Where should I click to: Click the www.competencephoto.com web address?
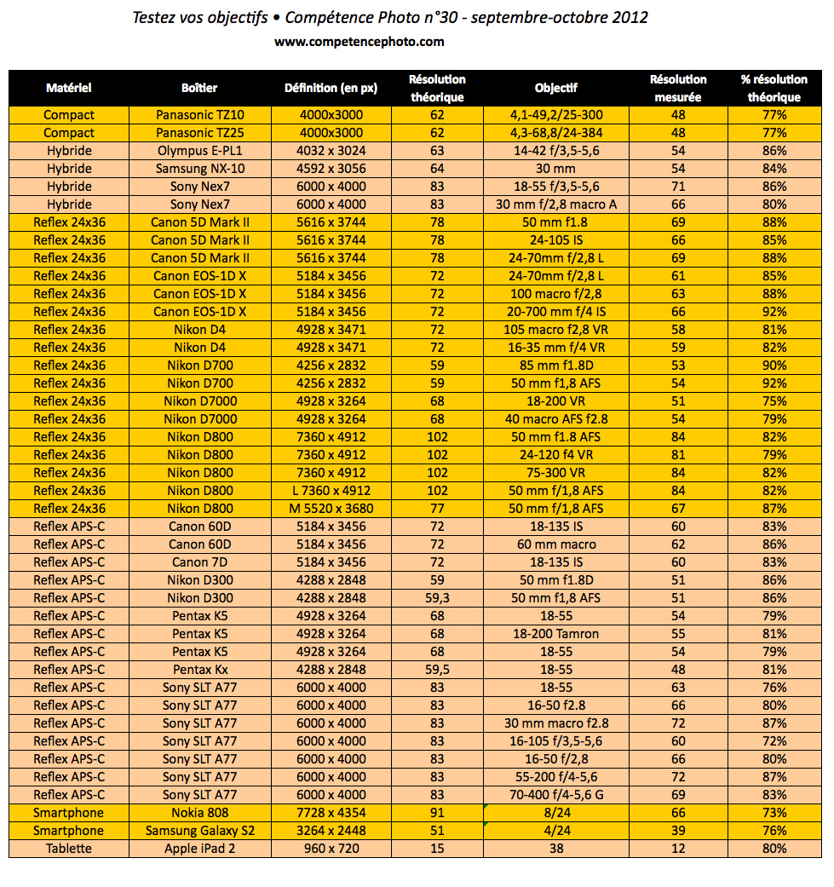[x=359, y=41]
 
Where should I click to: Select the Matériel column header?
[x=69, y=88]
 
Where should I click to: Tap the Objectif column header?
[x=555, y=88]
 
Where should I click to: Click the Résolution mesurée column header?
[x=678, y=88]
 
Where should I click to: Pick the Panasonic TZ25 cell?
[x=200, y=133]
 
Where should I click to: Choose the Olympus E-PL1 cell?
[x=200, y=151]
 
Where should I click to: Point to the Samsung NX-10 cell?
[x=200, y=169]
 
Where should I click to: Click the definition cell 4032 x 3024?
[x=331, y=151]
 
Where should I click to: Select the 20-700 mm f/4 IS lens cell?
[x=555, y=312]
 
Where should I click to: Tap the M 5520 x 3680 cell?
[x=331, y=509]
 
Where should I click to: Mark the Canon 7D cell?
[x=200, y=562]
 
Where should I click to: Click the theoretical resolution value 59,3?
[x=437, y=598]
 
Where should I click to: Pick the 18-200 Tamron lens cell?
[x=555, y=634]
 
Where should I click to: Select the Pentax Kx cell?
[x=200, y=670]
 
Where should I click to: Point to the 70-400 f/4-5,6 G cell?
[x=555, y=795]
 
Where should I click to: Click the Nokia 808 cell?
[x=200, y=813]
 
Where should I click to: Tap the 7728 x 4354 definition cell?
[x=331, y=813]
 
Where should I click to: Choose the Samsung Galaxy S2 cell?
[x=200, y=831]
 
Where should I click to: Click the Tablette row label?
[x=69, y=849]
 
